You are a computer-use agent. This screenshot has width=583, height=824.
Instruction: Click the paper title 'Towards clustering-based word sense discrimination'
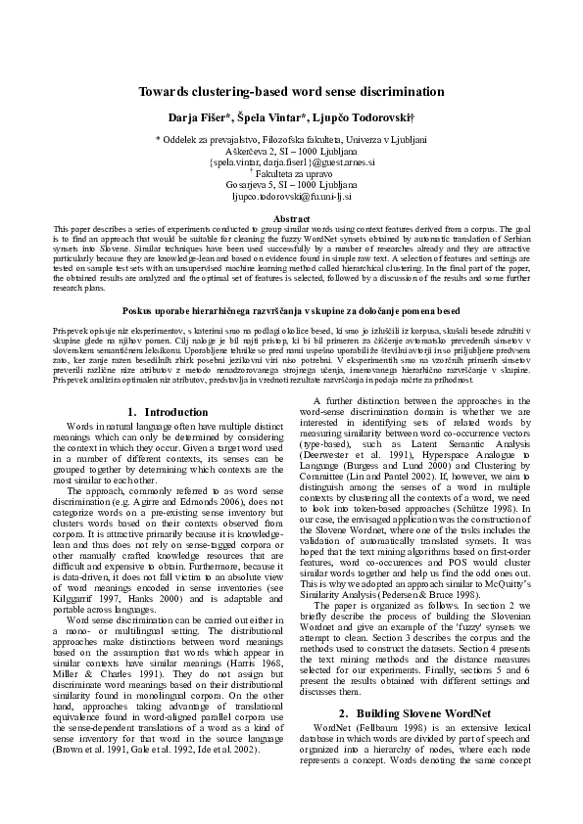tap(291, 91)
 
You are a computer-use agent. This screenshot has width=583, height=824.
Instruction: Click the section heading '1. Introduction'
tap(169, 412)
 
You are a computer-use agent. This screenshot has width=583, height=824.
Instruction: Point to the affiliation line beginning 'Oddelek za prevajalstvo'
tap(291, 141)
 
